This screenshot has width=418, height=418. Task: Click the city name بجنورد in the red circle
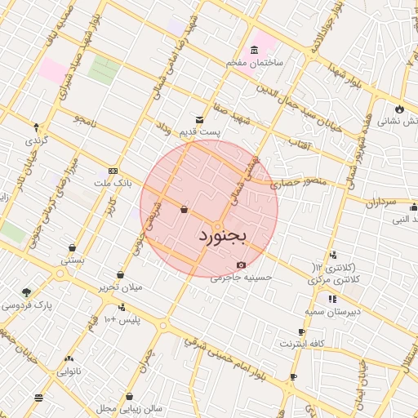point(221,236)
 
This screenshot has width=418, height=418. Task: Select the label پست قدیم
point(201,131)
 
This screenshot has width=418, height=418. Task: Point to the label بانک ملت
point(113,185)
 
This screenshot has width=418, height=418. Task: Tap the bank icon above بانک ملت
point(113,171)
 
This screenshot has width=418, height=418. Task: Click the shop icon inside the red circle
point(183,210)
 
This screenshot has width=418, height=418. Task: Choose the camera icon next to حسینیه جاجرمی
point(240,265)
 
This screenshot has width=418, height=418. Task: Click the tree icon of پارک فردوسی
point(28,292)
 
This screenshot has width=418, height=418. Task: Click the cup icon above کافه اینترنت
point(301,331)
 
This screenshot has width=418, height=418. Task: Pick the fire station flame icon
point(398,109)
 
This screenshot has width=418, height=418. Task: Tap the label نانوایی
point(68,371)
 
